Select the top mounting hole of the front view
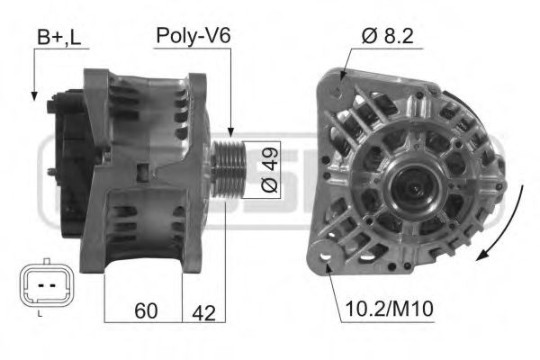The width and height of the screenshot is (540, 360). (x=337, y=88)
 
